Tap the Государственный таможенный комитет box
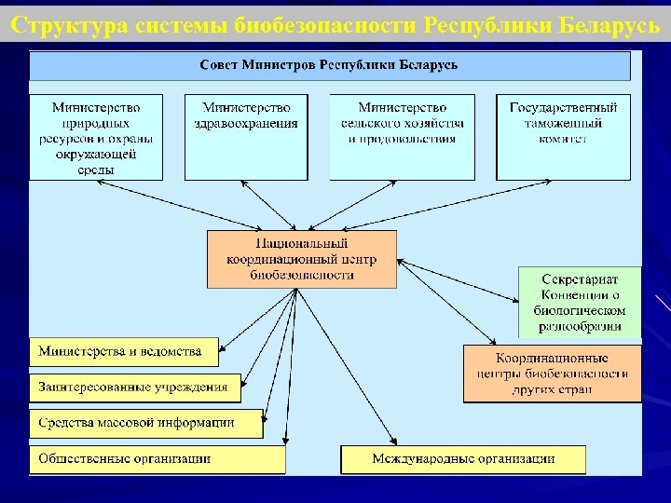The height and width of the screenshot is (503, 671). (x=562, y=136)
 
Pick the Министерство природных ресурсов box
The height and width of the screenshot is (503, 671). (x=96, y=136)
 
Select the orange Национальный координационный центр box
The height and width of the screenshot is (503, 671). (x=301, y=258)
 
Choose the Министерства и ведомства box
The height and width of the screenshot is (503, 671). (x=123, y=352)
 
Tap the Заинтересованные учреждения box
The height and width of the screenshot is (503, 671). (x=134, y=387)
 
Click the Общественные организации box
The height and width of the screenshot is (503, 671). (x=157, y=458)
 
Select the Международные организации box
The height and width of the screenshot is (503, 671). (x=463, y=458)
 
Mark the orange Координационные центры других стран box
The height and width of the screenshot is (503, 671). (x=552, y=373)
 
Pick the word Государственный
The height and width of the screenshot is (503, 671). (x=562, y=108)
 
